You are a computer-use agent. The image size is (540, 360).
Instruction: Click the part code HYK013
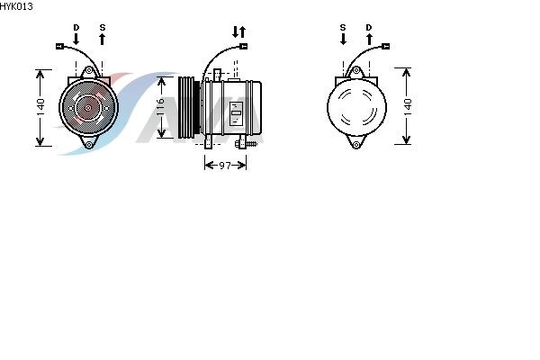click(16, 6)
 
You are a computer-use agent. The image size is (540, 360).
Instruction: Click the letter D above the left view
click(76, 27)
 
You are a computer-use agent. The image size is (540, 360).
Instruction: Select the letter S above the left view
click(103, 27)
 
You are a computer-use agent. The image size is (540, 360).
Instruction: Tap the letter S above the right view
click(343, 27)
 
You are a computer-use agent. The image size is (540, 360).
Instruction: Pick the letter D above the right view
click(369, 27)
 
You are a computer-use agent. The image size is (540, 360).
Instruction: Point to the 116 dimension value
click(160, 107)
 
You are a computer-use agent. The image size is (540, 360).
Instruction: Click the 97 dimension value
click(225, 166)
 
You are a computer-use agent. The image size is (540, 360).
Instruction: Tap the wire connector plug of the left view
click(59, 46)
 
